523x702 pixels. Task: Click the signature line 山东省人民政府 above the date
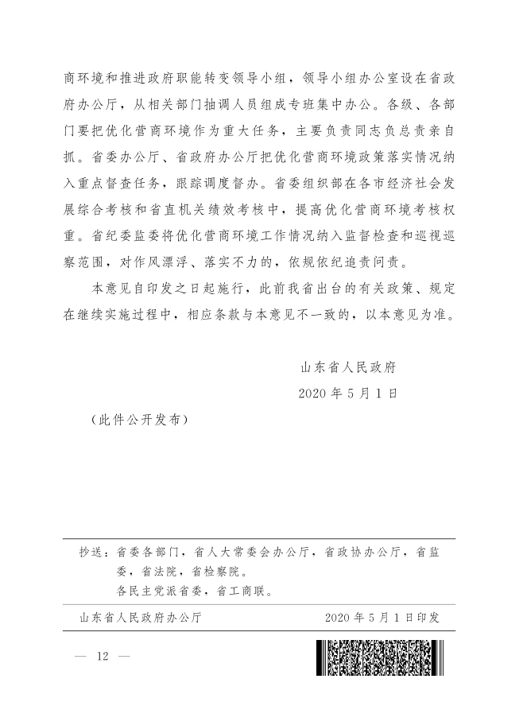pos(348,367)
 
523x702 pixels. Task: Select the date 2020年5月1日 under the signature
pos(347,393)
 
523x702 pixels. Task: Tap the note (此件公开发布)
pos(139,418)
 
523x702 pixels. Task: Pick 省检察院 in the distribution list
pos(219,571)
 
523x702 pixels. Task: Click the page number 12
pos(101,657)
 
